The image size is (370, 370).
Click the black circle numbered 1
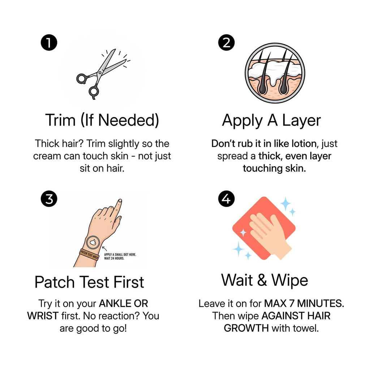click(49, 43)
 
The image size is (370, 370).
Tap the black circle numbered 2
click(226, 43)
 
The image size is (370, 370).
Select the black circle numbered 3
click(49, 199)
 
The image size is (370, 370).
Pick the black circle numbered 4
click(226, 199)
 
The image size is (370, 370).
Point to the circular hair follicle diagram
click(275, 73)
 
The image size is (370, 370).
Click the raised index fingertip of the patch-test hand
click(120, 201)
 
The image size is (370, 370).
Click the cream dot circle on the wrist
click(93, 242)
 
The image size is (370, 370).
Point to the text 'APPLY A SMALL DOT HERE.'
click(120, 255)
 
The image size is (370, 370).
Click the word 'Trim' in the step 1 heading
click(60, 120)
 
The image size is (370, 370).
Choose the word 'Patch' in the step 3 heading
click(55, 282)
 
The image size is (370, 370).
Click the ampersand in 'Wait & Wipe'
click(262, 280)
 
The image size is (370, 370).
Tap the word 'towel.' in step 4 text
click(306, 328)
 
